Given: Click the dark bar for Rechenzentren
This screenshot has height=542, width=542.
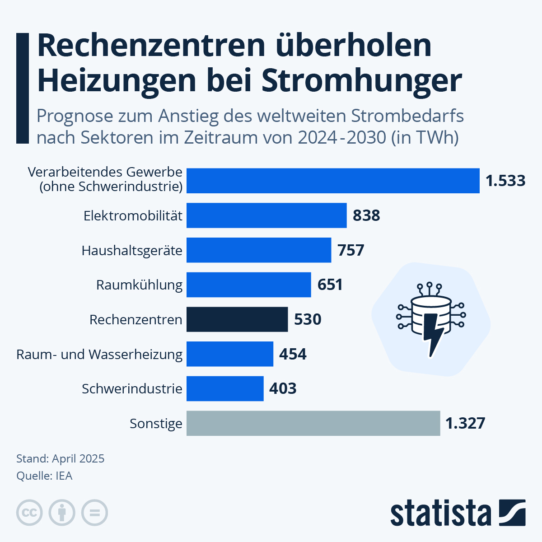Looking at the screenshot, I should click(237, 319).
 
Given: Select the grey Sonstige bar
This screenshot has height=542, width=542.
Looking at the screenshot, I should click(313, 423).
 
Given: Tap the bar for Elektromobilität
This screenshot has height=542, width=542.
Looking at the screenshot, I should click(266, 215).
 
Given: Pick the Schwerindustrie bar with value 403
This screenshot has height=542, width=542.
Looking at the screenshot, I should click(225, 388).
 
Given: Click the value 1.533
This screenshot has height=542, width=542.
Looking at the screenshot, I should click(505, 181).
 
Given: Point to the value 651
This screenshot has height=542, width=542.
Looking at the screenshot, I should click(330, 285).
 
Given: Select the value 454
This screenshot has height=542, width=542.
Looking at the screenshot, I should click(293, 354).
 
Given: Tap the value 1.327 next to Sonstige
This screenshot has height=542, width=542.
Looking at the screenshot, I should click(465, 423).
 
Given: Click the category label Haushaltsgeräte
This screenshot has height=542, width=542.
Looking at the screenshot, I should click(132, 250).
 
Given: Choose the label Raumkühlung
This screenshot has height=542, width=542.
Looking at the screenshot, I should click(139, 285).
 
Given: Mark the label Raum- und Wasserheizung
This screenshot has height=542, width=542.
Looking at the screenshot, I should click(99, 354).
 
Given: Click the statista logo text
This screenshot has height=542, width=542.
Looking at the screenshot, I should click(440, 513).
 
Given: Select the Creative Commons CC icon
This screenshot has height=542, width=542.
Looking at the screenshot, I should click(29, 513).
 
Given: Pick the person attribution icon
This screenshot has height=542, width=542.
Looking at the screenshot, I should click(62, 513).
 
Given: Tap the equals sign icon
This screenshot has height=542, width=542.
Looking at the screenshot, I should click(94, 513).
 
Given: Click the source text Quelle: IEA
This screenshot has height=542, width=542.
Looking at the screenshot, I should click(44, 476).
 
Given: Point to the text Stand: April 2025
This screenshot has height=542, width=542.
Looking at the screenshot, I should click(60, 458).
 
